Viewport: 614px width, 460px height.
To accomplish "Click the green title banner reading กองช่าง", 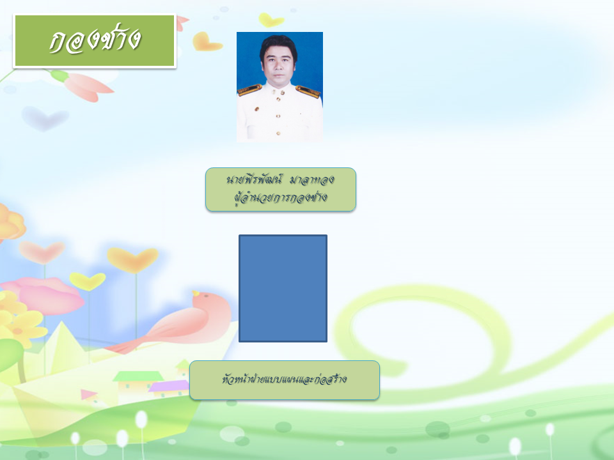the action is [x=95, y=41].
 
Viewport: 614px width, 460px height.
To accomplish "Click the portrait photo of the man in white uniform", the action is [x=279, y=87].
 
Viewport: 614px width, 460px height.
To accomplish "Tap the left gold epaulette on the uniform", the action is [x=249, y=90].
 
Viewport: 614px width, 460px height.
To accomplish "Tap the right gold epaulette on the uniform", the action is [x=308, y=91].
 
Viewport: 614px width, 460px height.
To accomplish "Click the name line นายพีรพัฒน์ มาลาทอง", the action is [x=280, y=180].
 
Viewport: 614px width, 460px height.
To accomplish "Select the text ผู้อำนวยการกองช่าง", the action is [x=280, y=197].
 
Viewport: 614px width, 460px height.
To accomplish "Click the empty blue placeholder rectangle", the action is [x=283, y=288].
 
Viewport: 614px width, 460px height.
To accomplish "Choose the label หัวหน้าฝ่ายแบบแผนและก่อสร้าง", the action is [x=284, y=379].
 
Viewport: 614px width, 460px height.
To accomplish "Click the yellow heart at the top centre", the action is [x=271, y=20].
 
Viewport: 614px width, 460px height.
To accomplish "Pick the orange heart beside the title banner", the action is [x=207, y=42].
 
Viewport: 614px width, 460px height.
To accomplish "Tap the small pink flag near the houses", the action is [x=88, y=394].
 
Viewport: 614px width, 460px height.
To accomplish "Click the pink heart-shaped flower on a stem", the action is [x=42, y=252].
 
